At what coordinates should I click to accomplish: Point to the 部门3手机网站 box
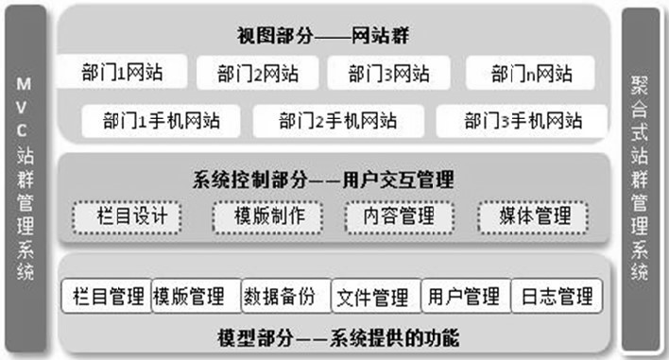tap(523, 121)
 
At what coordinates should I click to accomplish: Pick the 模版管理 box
tap(195, 297)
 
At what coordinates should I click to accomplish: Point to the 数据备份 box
tap(285, 297)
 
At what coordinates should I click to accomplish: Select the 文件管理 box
tap(374, 297)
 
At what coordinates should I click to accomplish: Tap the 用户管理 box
tap(463, 297)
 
